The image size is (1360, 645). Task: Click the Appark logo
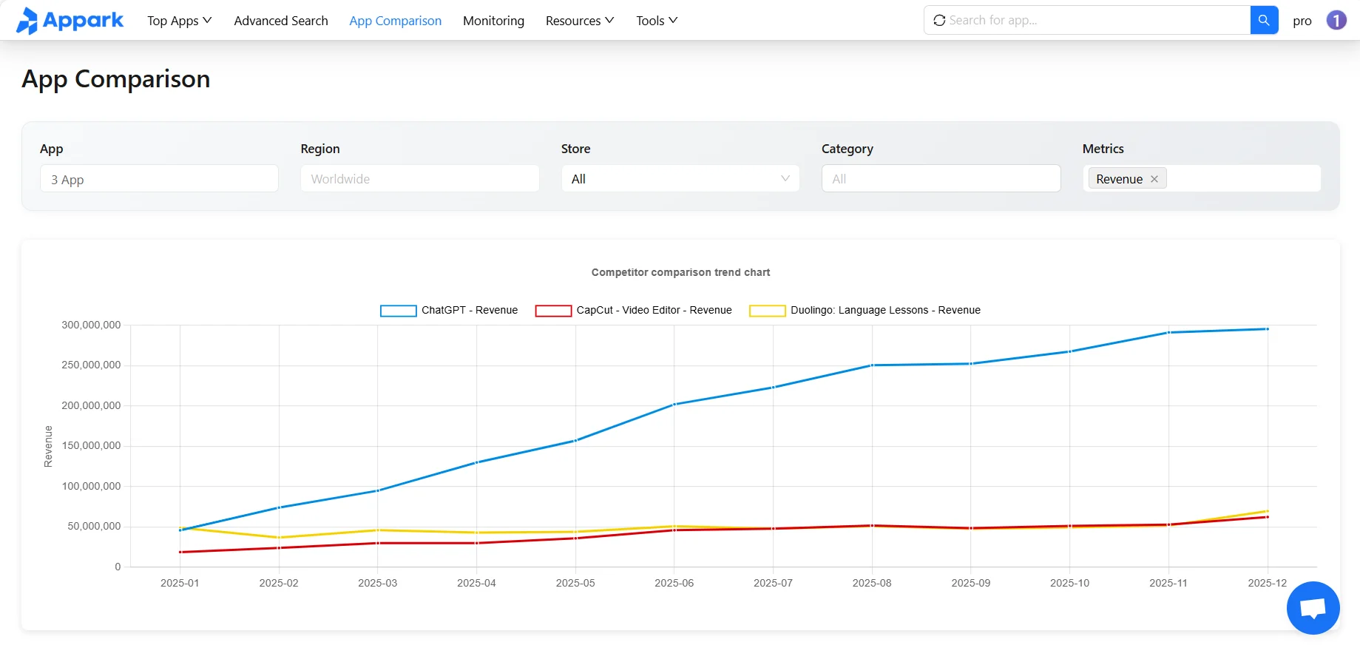pos(70,21)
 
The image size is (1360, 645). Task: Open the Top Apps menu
pos(179,21)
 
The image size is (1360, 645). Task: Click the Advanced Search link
pos(281,21)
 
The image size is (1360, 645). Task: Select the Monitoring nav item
pos(493,21)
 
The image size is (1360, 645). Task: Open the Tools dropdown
pos(656,21)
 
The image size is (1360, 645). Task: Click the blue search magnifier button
pos(1264,20)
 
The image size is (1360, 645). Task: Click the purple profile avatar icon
pos(1336,20)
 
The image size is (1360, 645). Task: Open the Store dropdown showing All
pos(680,179)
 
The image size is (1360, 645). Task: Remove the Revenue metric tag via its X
pos(1154,179)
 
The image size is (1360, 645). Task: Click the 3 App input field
pos(159,179)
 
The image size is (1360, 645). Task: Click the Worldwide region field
pos(419,179)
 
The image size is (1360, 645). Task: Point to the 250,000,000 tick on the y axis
pos(91,365)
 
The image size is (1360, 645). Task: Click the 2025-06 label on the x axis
pos(674,583)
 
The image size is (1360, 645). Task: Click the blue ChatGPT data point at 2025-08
pos(872,365)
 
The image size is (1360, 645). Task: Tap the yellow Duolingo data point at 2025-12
pos(1268,511)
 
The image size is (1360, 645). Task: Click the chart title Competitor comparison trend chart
pos(680,272)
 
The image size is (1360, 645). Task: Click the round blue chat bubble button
pos(1313,608)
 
